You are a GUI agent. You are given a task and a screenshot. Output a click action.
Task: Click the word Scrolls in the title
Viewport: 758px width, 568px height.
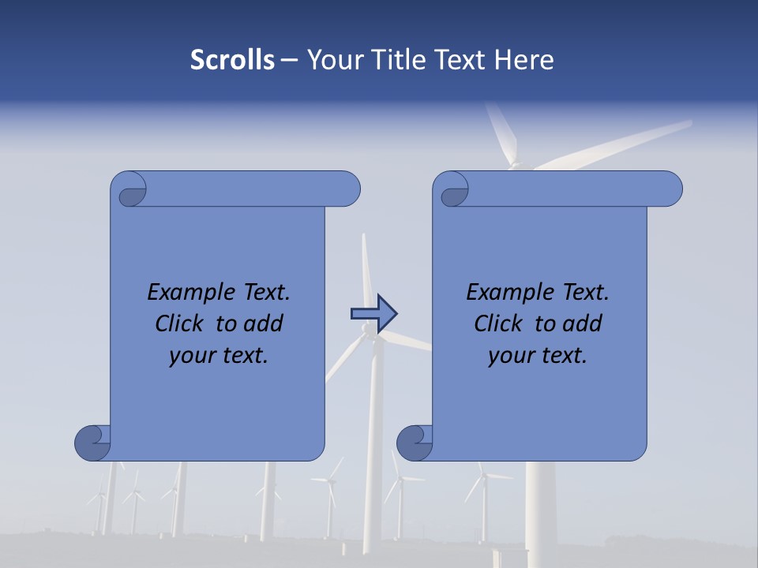point(233,60)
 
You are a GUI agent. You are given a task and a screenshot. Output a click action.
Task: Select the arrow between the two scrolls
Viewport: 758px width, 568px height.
point(373,314)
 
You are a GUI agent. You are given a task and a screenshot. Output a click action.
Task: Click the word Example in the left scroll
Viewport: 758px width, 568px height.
point(184,293)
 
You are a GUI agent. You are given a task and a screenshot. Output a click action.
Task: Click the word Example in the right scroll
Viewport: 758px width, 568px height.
point(503,293)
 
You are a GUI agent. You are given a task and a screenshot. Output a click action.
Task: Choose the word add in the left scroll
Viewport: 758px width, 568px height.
point(264,323)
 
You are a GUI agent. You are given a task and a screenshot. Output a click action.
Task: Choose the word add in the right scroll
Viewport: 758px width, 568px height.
point(583,323)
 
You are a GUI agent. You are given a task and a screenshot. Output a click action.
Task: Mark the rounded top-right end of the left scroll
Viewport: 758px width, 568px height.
point(348,189)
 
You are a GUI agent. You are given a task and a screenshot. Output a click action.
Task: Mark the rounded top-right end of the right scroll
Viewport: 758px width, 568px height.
point(670,189)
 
